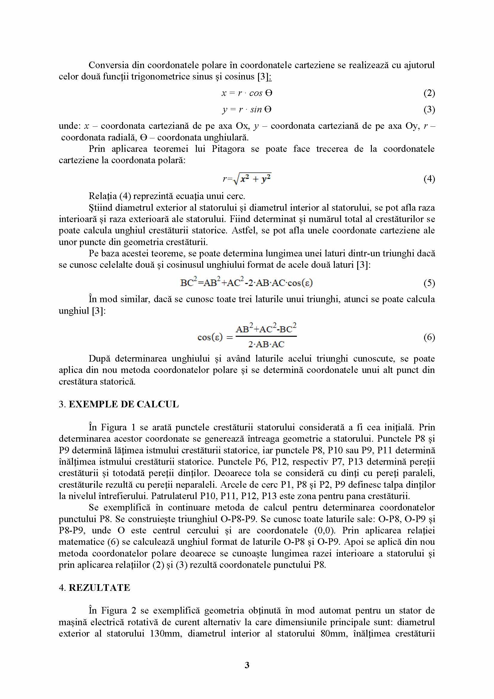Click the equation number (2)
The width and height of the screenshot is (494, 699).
pos(429,93)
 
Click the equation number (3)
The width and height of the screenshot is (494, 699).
pos(429,109)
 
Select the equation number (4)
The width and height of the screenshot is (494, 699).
pos(429,179)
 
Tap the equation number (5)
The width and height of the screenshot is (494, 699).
pos(429,283)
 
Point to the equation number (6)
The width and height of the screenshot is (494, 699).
pos(429,337)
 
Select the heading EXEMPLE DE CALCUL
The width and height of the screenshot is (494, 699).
pos(124,404)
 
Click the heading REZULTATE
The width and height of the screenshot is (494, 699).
pos(99,588)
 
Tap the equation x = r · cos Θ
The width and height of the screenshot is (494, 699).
pos(247,93)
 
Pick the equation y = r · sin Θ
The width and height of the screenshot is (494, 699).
pos(247,109)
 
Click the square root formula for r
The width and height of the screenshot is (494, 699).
pos(247,179)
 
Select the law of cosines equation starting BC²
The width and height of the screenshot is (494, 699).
pos(246,283)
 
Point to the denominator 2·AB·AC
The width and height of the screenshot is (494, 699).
pos(266,344)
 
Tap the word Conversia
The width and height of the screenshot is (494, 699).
pos(109,65)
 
